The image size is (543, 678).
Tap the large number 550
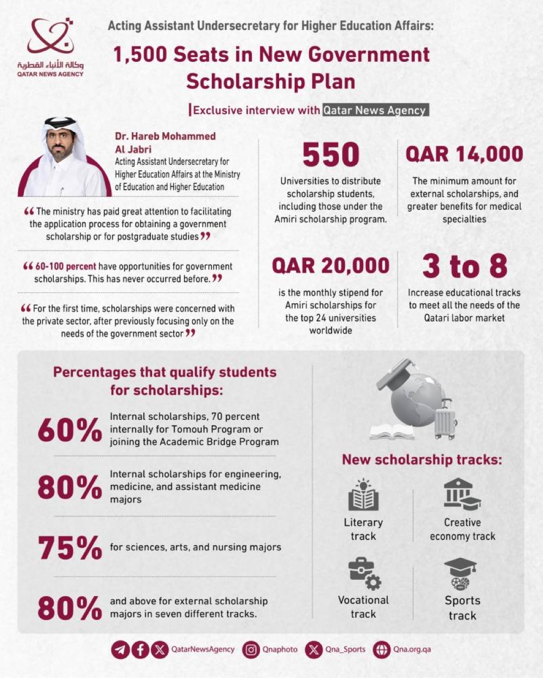(331, 155)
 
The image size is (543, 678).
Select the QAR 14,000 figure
(464, 155)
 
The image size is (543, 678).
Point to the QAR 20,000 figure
(331, 266)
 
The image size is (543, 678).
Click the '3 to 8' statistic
(464, 266)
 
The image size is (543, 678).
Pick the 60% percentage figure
(70, 430)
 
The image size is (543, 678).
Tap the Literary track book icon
(363, 495)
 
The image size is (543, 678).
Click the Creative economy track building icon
(462, 494)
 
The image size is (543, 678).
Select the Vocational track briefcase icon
(364, 574)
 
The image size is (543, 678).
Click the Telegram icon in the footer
(121, 649)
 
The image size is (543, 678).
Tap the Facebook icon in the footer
(140, 649)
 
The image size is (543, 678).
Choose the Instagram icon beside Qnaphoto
(251, 649)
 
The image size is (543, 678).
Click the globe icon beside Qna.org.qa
(382, 649)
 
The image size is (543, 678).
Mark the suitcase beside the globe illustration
(445, 420)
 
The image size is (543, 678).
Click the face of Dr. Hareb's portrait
(60, 143)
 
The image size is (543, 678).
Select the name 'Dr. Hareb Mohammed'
(165, 136)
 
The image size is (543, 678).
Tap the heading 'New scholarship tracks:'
(422, 460)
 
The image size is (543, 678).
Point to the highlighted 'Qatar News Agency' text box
(375, 110)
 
